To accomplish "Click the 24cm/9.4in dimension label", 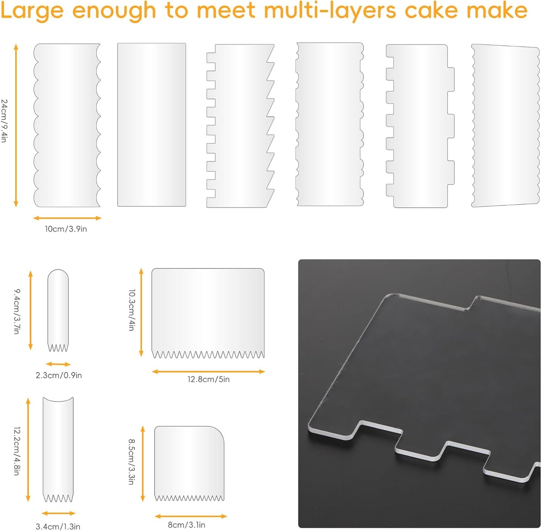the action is (x=4, y=121).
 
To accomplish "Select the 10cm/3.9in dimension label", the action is (x=66, y=229).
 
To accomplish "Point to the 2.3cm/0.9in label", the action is (x=59, y=375).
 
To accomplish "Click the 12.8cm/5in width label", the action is (x=209, y=379).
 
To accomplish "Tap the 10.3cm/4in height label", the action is (x=132, y=310).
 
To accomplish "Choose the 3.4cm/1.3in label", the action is (x=58, y=526).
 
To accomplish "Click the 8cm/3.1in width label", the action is (x=186, y=525).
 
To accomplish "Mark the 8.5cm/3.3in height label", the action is (x=131, y=462).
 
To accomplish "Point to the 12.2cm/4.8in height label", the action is (x=17, y=451).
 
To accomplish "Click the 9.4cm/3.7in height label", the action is (x=17, y=311).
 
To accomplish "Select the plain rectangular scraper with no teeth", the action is (x=152, y=125).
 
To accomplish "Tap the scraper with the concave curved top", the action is (x=58, y=451).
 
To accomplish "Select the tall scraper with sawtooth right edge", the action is (x=240, y=125).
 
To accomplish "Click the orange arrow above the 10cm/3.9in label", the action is (x=67, y=218).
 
